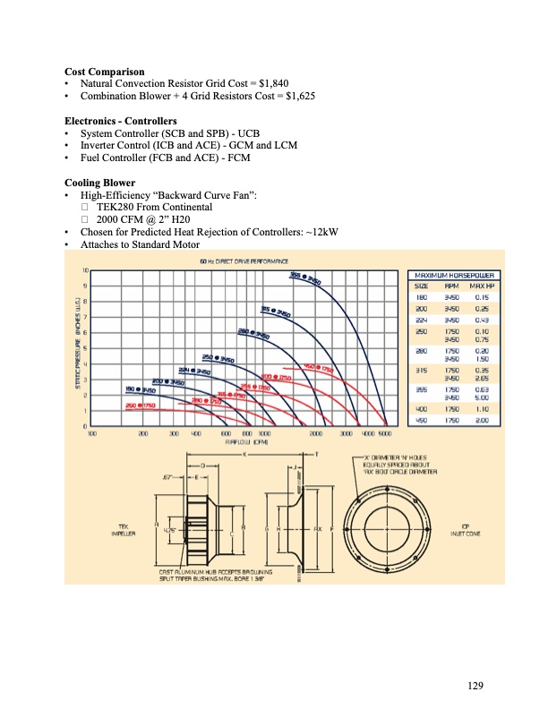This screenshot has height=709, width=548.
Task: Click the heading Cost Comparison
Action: coord(104,71)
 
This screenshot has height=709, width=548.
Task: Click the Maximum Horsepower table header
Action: coord(454,275)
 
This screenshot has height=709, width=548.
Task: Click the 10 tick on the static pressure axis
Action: coord(85,270)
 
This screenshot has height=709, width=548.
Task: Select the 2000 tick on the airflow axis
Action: coord(316,432)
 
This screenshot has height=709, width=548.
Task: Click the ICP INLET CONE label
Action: coord(464,529)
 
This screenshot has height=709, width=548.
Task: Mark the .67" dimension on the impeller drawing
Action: coord(167,479)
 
